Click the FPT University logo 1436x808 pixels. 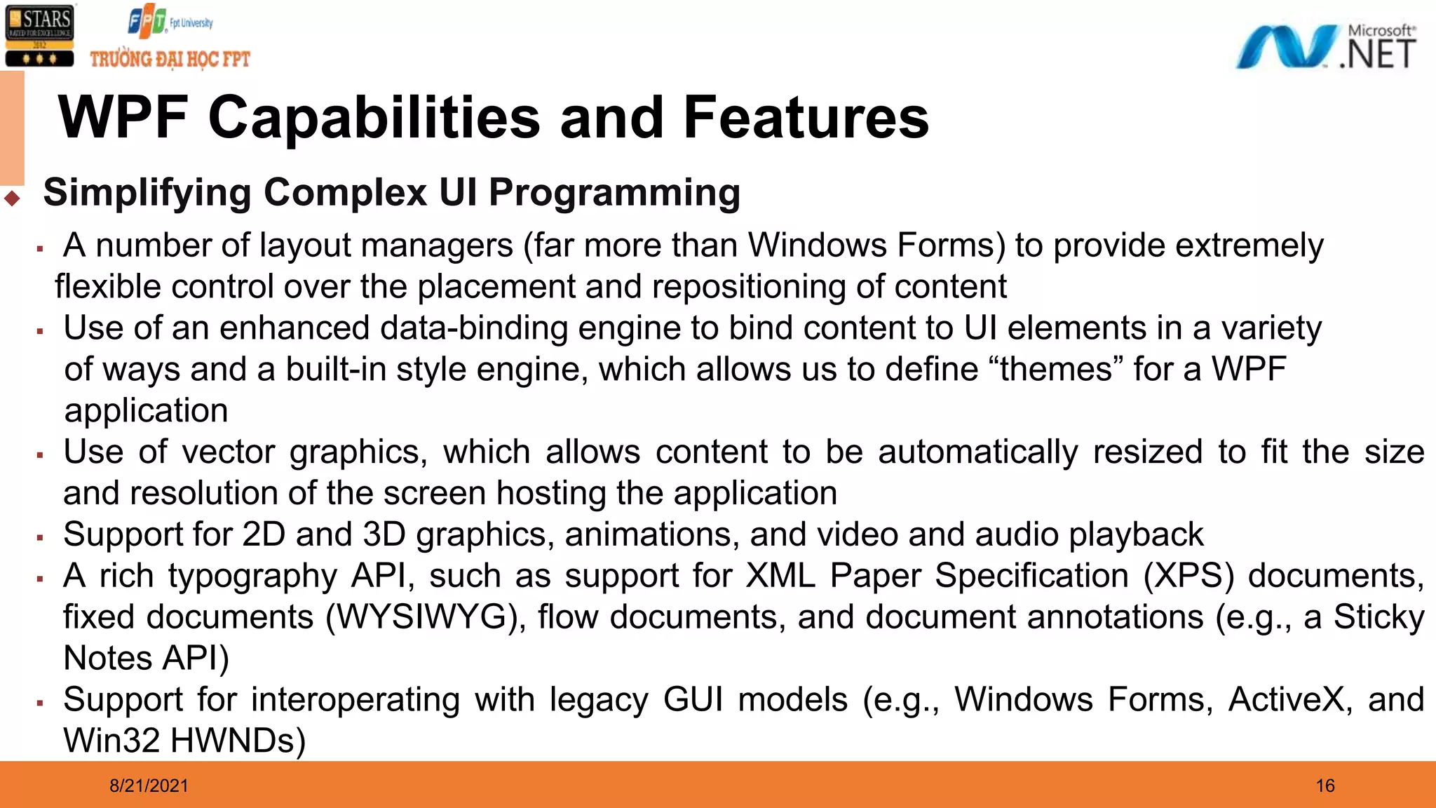coord(170,22)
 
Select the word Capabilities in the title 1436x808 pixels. coord(374,118)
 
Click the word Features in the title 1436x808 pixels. coord(806,118)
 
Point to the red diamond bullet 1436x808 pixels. coord(12,198)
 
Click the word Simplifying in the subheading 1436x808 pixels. coord(147,193)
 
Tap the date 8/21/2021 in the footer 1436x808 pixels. coord(149,786)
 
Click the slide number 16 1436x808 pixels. coord(1325,786)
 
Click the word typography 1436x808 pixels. coord(252,577)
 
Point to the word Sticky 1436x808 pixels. coord(1379,618)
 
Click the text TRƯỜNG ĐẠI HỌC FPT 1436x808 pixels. coord(170,60)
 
